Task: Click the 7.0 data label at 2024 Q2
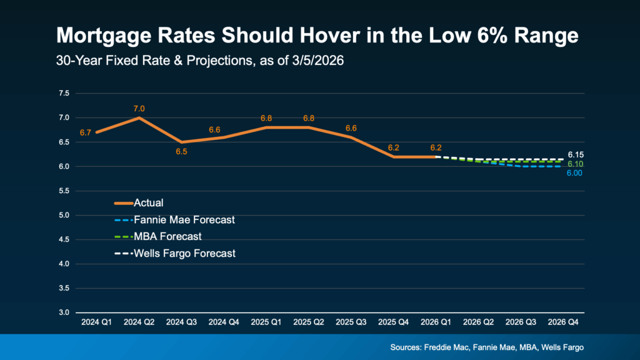139,109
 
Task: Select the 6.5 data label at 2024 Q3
181,151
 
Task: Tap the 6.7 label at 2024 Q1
85,132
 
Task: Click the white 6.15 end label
576,154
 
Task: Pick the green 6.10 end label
576,164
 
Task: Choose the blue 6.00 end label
574,173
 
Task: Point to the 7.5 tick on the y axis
64,93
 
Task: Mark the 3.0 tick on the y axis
64,312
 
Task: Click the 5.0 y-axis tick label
64,215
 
